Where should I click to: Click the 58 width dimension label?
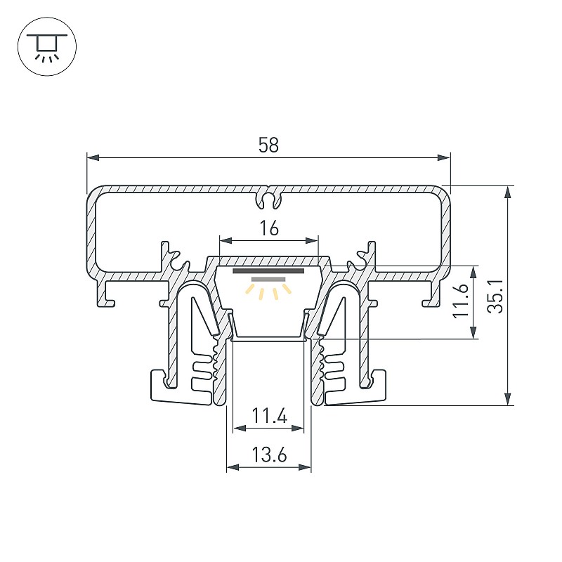pyautogui.click(x=268, y=145)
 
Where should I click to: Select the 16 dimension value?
pyautogui.click(x=269, y=228)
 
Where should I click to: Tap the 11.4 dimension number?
pyautogui.click(x=269, y=416)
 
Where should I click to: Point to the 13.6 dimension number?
pyautogui.click(x=269, y=455)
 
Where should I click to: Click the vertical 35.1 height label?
pyautogui.click(x=496, y=296)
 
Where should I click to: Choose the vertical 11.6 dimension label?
pyautogui.click(x=461, y=301)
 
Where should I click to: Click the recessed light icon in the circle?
pyautogui.click(x=47, y=46)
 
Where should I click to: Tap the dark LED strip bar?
pyautogui.click(x=268, y=271)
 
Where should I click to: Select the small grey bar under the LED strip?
pyautogui.click(x=268, y=279)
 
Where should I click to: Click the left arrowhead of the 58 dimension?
pyautogui.click(x=93, y=157)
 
